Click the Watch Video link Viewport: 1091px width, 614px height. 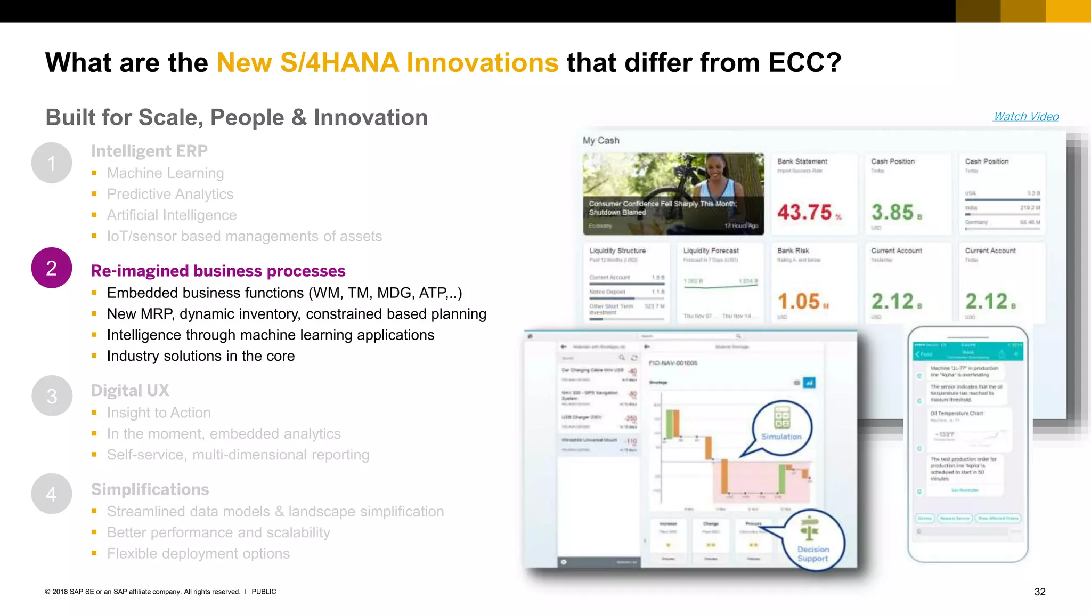pos(1025,117)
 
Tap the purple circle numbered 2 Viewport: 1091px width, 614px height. pos(52,268)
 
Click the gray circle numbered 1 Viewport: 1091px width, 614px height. pos(52,163)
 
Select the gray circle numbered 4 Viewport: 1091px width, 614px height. pos(52,494)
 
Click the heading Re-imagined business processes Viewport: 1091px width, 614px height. pos(218,271)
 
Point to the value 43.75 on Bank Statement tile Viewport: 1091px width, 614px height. pos(804,212)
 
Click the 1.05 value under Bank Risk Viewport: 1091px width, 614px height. pos(799,302)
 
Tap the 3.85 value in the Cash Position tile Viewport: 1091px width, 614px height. pos(893,212)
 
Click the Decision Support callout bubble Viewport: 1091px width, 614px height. pos(813,541)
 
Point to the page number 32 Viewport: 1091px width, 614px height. pos(1039,592)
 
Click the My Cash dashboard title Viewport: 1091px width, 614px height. pos(601,140)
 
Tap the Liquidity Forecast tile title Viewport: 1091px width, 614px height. pos(711,251)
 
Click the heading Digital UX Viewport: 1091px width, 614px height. pos(130,391)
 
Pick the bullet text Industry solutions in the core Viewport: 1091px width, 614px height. pos(200,356)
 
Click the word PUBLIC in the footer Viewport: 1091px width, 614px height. pos(264,592)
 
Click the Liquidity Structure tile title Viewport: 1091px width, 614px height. pos(617,251)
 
